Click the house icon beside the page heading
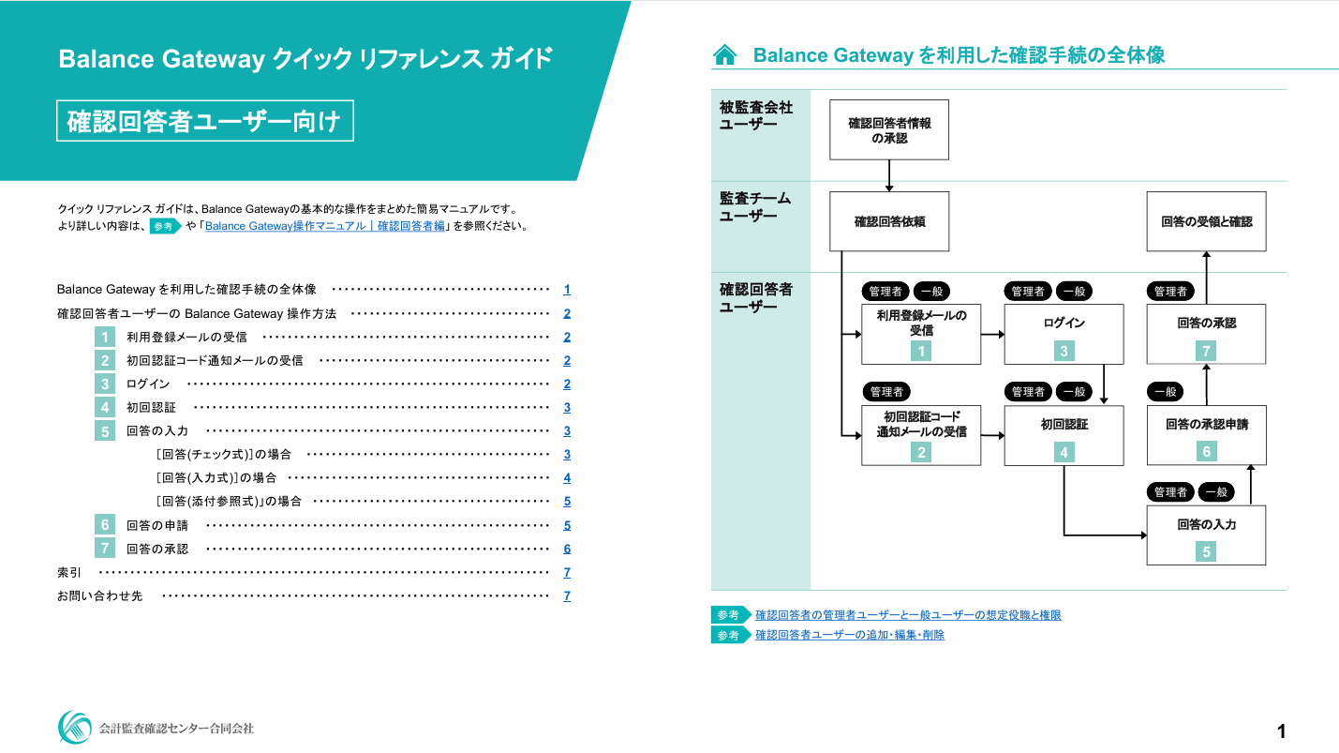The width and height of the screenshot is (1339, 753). point(724,55)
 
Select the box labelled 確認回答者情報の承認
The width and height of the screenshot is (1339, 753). point(889,129)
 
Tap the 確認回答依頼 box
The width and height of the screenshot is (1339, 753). point(889,221)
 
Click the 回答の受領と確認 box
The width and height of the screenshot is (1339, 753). point(1206,221)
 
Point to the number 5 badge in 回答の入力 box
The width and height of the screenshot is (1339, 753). point(1206,552)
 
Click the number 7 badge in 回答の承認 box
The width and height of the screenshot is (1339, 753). point(1206,351)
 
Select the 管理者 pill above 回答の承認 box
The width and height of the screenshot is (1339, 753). point(1170,292)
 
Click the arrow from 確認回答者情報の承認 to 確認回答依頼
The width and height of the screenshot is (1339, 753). point(889,175)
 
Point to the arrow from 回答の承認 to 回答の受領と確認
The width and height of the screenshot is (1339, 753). point(1206,278)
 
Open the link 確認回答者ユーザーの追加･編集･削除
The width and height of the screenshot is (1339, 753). point(850,635)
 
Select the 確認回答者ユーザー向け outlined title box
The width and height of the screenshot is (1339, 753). point(204,121)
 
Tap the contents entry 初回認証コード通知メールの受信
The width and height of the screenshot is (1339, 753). point(215,360)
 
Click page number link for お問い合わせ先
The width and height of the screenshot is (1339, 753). point(567,596)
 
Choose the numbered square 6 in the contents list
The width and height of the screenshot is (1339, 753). point(106,525)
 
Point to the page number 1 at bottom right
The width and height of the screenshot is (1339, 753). point(1281,730)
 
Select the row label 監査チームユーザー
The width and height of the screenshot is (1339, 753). point(755,207)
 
